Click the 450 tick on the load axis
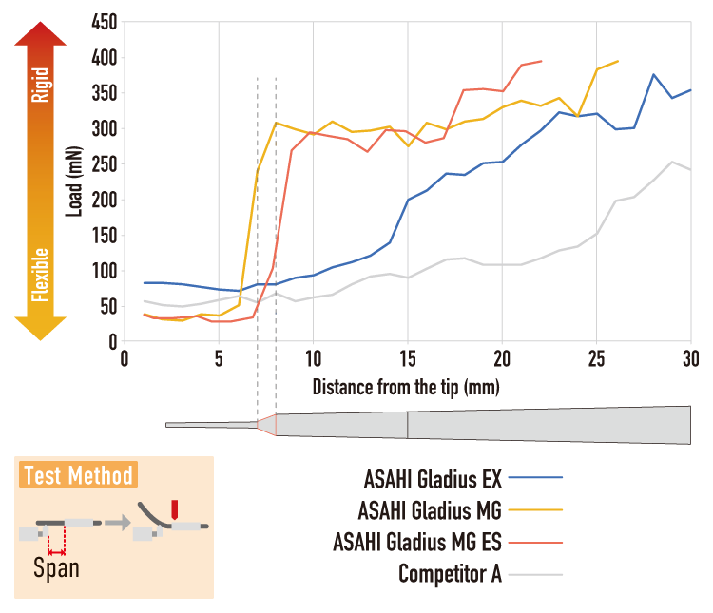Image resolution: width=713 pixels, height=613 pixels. pyautogui.click(x=105, y=22)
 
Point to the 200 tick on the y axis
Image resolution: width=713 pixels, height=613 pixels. pyautogui.click(x=105, y=200)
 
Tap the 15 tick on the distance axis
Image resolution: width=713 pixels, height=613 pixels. pyautogui.click(x=408, y=359)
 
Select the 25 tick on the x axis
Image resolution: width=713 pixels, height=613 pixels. pyautogui.click(x=597, y=359)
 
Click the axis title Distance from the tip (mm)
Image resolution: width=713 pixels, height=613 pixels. pyautogui.click(x=406, y=388)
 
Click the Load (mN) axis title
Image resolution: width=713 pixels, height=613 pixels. pyautogui.click(x=73, y=182)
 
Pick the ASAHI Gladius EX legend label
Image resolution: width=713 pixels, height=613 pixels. pyautogui.click(x=433, y=479)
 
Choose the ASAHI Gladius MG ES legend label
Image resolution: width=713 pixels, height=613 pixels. pyautogui.click(x=417, y=542)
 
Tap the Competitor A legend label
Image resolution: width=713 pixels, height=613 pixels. pyautogui.click(x=451, y=574)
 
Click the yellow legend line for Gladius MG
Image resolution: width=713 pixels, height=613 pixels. pyautogui.click(x=535, y=510)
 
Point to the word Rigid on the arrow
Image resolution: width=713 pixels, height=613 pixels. pyautogui.click(x=41, y=85)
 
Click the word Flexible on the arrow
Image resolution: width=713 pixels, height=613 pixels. pyautogui.click(x=41, y=275)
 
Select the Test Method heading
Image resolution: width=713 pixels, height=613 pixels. pyautogui.click(x=78, y=475)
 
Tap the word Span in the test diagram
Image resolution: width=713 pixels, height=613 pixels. pyautogui.click(x=56, y=569)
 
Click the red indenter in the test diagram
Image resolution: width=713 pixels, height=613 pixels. pyautogui.click(x=174, y=509)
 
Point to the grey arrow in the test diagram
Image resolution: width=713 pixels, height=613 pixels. pyautogui.click(x=118, y=523)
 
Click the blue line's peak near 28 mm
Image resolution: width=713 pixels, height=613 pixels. pyautogui.click(x=653, y=74)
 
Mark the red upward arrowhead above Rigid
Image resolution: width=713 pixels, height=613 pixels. pyautogui.click(x=41, y=33)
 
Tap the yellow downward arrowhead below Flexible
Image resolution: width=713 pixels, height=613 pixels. pyautogui.click(x=41, y=328)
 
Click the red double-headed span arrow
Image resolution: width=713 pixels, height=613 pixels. pyautogui.click(x=56, y=552)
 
